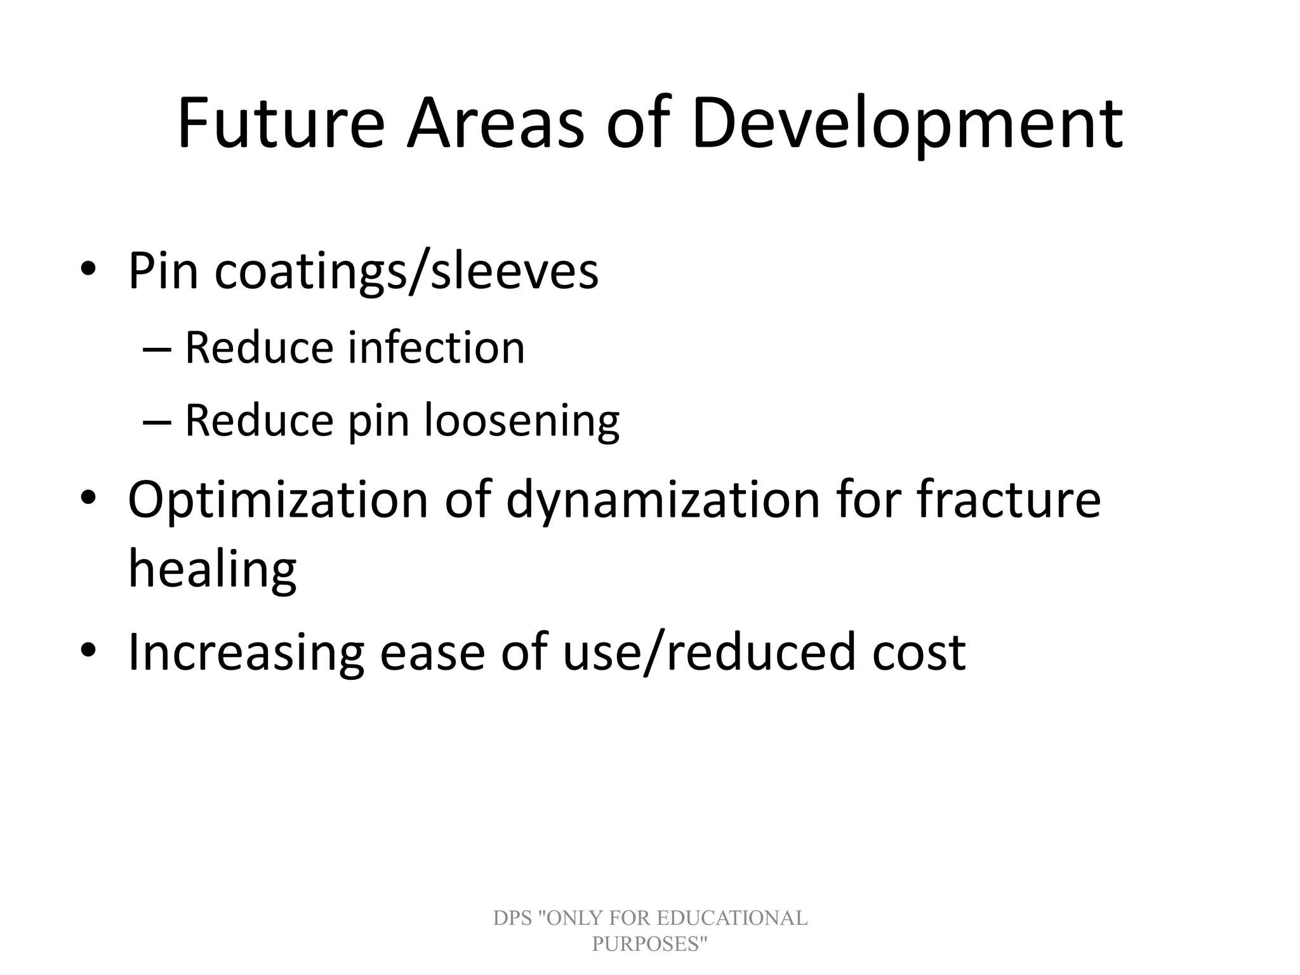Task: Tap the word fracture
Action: click(1009, 499)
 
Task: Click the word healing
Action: click(212, 569)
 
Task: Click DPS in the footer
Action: click(512, 919)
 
